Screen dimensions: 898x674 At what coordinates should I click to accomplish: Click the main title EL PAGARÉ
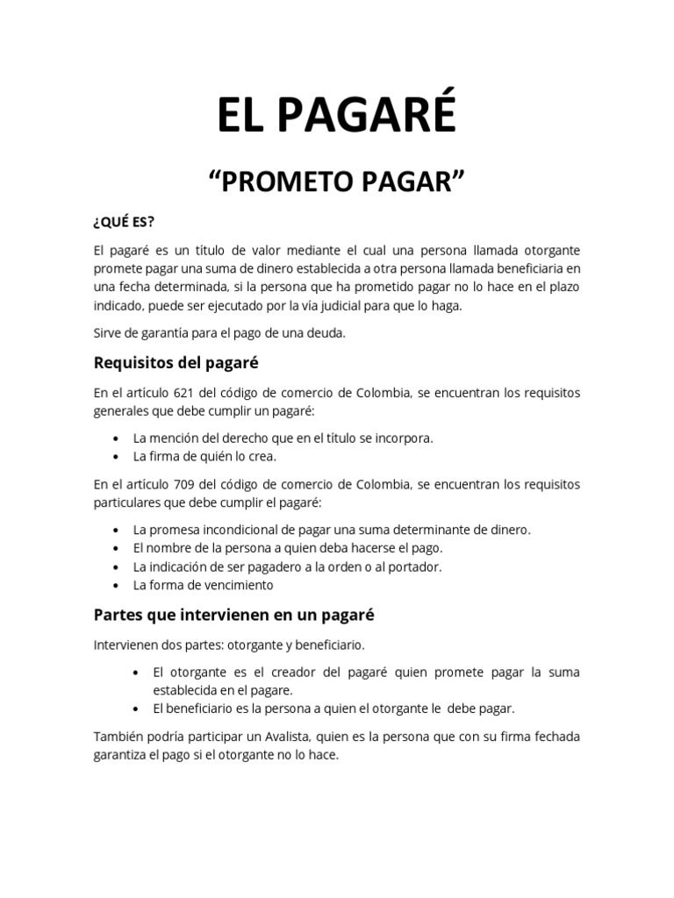(x=337, y=116)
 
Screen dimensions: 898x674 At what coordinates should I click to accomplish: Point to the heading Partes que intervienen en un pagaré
(x=233, y=615)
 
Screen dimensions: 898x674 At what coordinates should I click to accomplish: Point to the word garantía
(x=161, y=334)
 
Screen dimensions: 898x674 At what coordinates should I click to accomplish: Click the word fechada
(x=553, y=736)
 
